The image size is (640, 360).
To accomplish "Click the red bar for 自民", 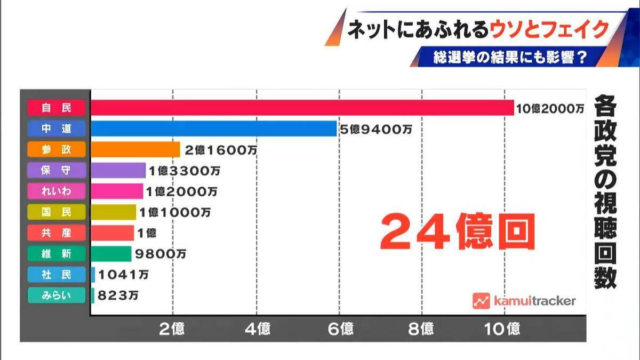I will point(302,108).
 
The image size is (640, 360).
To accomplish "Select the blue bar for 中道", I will point(213,129).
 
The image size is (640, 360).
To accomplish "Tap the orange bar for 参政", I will point(135,149).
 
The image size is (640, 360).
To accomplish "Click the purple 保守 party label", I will point(56,170).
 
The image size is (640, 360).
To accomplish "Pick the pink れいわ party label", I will point(56,191).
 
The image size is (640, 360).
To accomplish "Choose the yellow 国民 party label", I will point(56,212).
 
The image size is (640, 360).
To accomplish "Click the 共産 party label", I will point(56,233).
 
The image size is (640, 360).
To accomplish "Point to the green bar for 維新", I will point(111,253).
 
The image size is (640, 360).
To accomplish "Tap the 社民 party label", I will point(56,274).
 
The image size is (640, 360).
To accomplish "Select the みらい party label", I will point(56,295).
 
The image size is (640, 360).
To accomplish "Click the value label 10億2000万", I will point(550,109).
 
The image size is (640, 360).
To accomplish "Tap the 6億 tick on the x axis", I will point(339,329).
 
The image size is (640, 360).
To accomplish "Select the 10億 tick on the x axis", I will point(503,329).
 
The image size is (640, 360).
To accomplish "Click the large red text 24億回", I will point(458,232).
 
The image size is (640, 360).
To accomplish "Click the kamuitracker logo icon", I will point(481,301).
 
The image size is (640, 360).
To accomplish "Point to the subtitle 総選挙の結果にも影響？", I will point(510,57).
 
